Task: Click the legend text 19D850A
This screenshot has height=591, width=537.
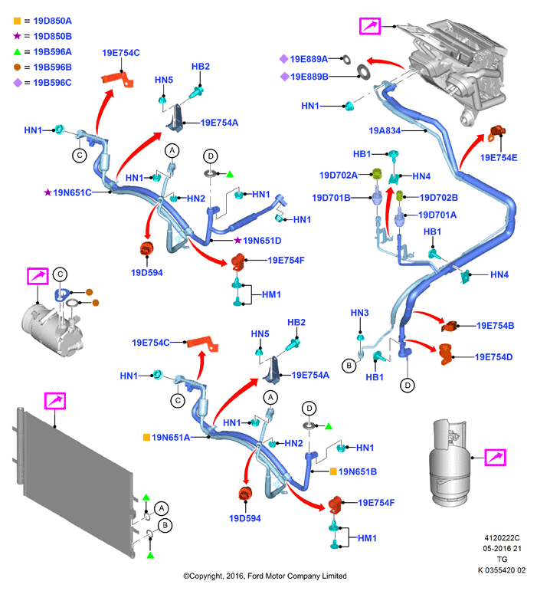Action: click(x=52, y=21)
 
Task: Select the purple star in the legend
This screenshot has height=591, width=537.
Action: click(x=17, y=36)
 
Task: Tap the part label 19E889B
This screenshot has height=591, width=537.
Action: click(x=309, y=77)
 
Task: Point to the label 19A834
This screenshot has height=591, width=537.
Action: click(x=385, y=131)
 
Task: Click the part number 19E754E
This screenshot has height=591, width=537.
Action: click(x=499, y=158)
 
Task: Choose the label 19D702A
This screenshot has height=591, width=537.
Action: click(x=338, y=176)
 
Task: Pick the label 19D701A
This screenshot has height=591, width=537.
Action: click(x=437, y=215)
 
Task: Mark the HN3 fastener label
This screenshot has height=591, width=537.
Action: click(x=359, y=313)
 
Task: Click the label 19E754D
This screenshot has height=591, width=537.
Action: click(x=493, y=357)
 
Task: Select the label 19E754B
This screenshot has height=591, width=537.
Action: click(x=495, y=326)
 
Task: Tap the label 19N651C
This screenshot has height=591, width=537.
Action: click(x=72, y=192)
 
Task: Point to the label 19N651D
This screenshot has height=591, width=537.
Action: click(x=262, y=241)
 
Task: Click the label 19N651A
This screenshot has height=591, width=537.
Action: click(x=171, y=437)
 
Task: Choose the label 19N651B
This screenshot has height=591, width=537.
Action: click(x=358, y=471)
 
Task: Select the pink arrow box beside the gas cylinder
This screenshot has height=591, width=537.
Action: click(x=495, y=458)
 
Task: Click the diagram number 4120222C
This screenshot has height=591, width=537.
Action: click(x=502, y=538)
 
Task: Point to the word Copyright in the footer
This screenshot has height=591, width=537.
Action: click(x=207, y=576)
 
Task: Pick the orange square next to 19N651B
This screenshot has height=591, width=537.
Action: click(x=333, y=471)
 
